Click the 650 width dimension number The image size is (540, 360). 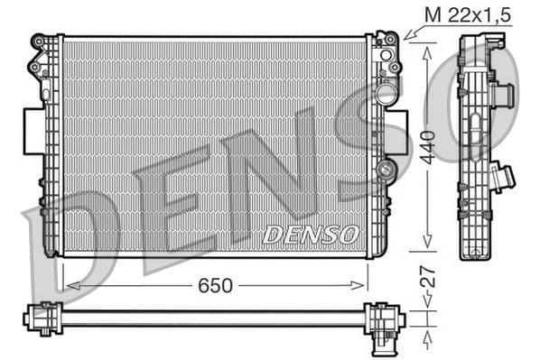tap(216, 285)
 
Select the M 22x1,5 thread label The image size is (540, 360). tap(460, 15)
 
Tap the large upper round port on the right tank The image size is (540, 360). tap(386, 95)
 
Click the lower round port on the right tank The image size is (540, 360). tap(386, 171)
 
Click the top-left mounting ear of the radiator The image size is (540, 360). tap(39, 42)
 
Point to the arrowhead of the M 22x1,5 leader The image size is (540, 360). tap(405, 38)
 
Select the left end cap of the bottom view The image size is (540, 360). tap(39, 318)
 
